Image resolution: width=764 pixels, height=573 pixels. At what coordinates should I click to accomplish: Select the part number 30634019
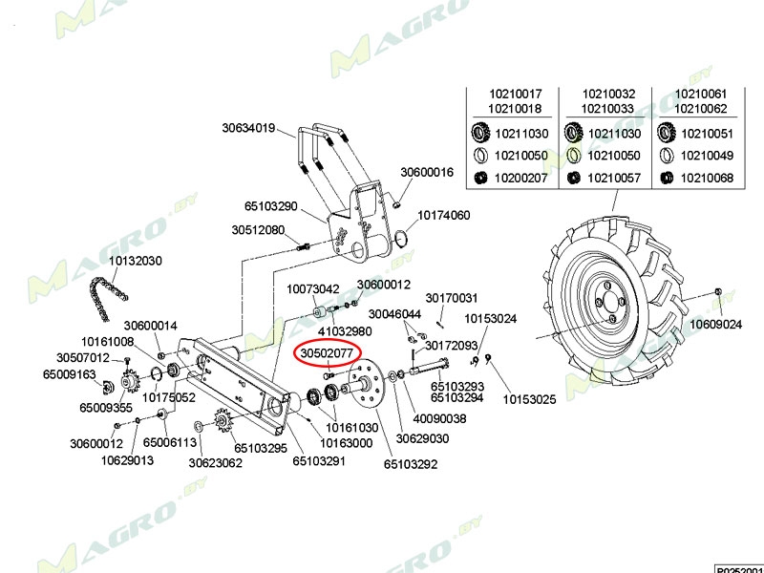[x=248, y=128]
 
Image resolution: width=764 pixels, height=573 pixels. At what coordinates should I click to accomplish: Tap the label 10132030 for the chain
[x=135, y=261]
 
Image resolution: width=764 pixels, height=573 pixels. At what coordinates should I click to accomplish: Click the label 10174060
[x=443, y=216]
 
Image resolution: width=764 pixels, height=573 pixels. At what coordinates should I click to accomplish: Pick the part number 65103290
[x=271, y=206]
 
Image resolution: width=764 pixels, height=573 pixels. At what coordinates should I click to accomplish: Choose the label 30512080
[x=258, y=230]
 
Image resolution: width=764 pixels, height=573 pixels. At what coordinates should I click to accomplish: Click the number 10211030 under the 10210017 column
[x=520, y=134]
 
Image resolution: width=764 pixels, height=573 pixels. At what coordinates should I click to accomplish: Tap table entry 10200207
[x=520, y=178]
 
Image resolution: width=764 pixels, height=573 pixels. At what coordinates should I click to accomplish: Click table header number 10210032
[x=608, y=94]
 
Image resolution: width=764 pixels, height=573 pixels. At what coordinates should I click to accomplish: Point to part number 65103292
[x=411, y=465]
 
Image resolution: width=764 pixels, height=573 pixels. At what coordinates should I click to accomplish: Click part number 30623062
[x=215, y=463]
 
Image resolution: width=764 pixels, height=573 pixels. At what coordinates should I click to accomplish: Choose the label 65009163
[x=70, y=374]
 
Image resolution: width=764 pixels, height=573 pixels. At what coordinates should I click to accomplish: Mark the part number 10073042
[x=313, y=288]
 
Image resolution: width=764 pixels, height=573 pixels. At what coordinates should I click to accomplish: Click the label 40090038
[x=439, y=418]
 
